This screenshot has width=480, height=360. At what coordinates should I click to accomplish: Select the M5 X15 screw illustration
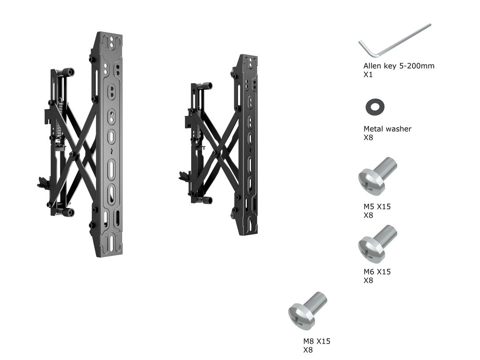tap(377, 176)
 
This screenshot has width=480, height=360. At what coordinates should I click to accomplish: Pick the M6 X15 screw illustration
tap(377, 244)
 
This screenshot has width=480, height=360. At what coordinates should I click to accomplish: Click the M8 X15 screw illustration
tap(308, 310)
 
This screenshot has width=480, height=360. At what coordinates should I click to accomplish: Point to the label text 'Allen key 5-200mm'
tap(399, 66)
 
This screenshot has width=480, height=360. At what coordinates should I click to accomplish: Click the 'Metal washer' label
tap(388, 129)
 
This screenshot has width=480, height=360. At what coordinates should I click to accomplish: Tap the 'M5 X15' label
tap(377, 207)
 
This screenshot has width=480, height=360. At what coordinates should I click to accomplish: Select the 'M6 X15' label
tap(377, 272)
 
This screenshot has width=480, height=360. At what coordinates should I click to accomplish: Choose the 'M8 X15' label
tap(317, 341)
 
